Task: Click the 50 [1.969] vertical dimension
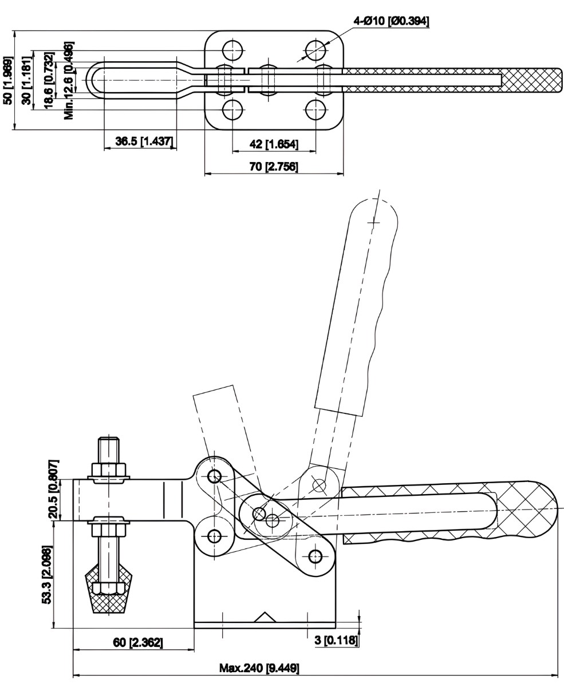click(8, 80)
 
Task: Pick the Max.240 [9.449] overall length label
click(259, 668)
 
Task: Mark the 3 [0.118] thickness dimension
click(337, 640)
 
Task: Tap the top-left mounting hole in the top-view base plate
click(232, 49)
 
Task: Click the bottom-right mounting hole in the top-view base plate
click(315, 109)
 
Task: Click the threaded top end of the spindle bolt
click(108, 447)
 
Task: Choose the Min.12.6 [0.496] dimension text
click(69, 80)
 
